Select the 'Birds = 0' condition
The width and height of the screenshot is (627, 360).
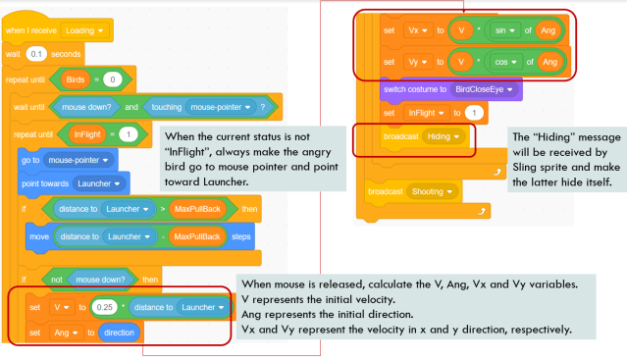[94, 78]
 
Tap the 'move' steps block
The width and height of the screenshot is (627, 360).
[38, 235]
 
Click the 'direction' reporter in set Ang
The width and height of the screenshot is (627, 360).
[118, 333]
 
